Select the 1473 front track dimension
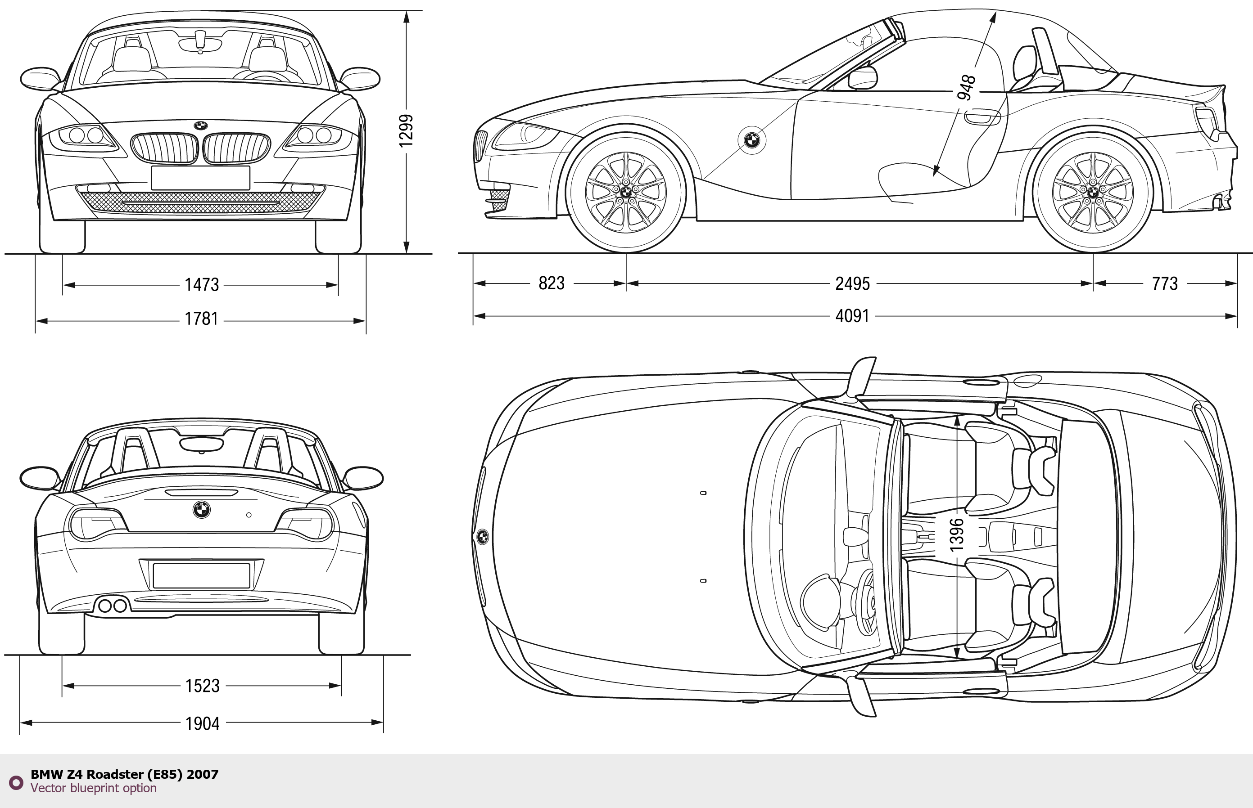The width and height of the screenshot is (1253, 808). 202,284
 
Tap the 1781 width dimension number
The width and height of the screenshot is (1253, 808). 202,319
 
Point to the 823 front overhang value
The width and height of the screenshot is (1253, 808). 551,283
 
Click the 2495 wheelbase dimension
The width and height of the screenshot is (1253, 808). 852,284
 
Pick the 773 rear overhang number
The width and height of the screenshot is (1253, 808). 1165,284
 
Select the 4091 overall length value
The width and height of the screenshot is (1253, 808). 852,316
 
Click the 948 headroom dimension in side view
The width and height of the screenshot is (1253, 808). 966,87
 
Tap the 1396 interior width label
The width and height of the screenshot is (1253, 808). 957,534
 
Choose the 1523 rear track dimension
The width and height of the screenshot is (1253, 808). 202,686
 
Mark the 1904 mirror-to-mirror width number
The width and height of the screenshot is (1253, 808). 202,723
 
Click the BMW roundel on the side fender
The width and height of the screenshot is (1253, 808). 752,140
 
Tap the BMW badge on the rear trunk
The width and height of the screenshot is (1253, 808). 202,509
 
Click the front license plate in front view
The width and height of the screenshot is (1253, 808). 200,178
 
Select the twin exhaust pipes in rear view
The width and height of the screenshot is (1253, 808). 113,606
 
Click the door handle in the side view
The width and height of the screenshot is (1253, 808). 982,118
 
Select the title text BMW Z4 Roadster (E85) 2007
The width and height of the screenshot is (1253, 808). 124,774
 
